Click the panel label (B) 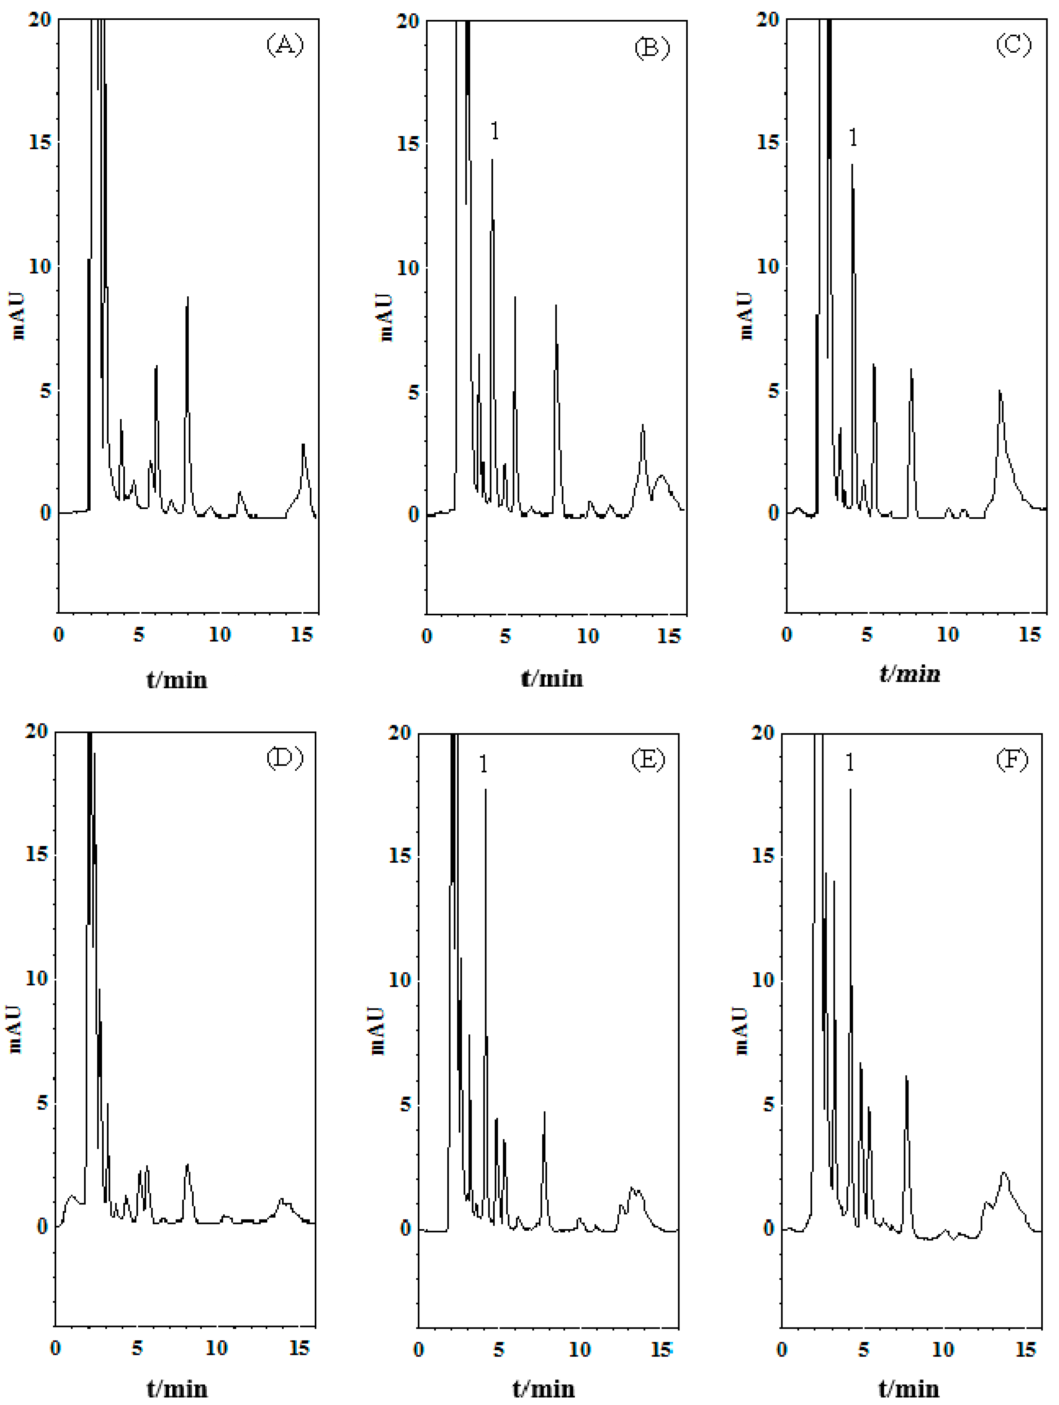tap(652, 48)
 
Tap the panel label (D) tap(285, 758)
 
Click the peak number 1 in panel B tap(495, 131)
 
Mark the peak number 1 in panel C tap(853, 137)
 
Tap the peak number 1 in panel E tap(484, 764)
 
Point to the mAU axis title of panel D tap(15, 1029)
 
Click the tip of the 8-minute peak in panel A tap(187, 297)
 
